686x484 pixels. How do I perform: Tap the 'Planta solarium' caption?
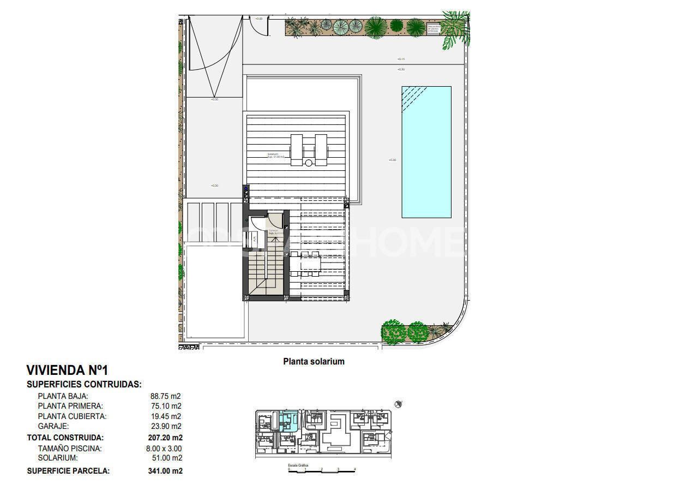(314, 361)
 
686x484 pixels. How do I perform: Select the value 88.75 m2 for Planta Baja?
(165, 396)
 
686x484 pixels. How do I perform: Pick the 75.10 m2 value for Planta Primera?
(165, 406)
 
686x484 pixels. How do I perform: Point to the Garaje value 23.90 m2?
(165, 426)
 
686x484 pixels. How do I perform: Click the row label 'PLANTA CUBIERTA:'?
(72, 416)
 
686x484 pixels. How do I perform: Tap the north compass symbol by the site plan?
(399, 404)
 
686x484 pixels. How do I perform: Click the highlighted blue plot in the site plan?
(287, 421)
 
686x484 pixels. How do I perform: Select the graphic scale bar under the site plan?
(322, 470)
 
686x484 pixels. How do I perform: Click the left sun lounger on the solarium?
(297, 150)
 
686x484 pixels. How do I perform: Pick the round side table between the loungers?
(309, 163)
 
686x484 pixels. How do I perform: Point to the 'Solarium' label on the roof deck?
(273, 155)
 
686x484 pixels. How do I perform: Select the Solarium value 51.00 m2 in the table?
(165, 458)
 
